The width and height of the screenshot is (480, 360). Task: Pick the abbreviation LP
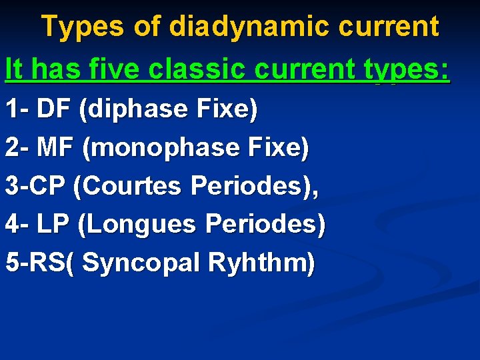tap(53, 225)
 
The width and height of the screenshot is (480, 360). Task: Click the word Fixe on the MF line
tap(279, 147)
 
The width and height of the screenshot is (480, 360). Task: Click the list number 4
tap(11, 225)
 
